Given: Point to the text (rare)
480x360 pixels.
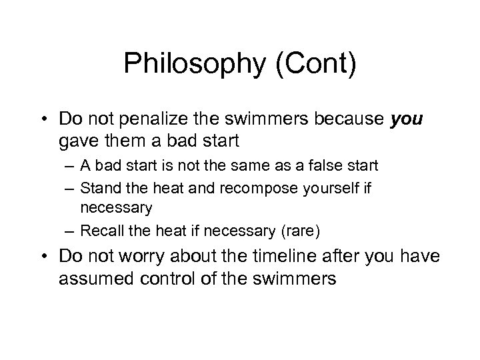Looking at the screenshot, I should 301,231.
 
